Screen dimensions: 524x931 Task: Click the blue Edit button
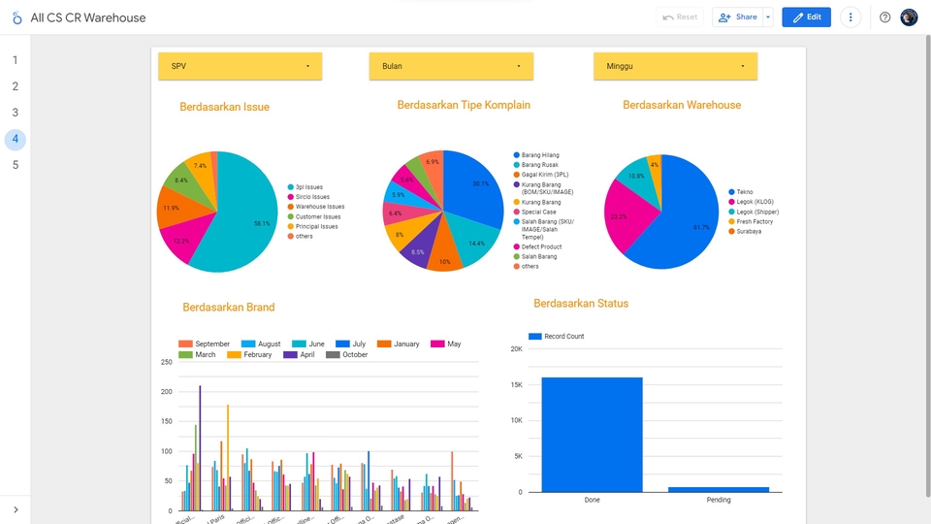coord(806,17)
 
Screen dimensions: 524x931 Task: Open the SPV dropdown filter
coord(240,66)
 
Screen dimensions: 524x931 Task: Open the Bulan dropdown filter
coord(451,66)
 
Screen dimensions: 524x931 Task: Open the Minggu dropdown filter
coord(675,66)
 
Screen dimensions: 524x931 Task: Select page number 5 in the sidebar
coord(15,165)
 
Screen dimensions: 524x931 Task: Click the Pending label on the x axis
coord(719,501)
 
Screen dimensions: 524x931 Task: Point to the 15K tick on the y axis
coord(517,385)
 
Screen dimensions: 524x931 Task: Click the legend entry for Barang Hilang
coord(540,155)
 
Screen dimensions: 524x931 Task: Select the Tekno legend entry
coord(745,192)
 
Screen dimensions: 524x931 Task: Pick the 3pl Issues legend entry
coord(309,187)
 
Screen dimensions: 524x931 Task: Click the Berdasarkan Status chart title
coord(581,304)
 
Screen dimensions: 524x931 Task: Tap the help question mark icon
coord(884,17)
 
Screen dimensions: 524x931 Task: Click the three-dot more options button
coord(851,17)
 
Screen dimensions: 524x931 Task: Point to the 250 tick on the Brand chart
coord(166,362)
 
